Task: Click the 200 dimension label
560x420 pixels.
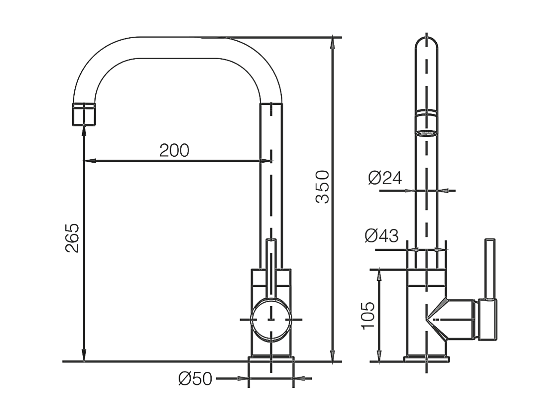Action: tap(174, 150)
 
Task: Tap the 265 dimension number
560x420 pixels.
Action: tap(72, 238)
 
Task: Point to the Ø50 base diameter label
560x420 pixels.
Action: tap(195, 378)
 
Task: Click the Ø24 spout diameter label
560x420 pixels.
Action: tap(385, 178)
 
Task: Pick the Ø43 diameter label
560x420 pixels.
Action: tap(381, 235)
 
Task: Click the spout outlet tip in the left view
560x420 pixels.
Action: tap(84, 115)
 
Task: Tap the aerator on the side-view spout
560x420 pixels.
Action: tap(426, 123)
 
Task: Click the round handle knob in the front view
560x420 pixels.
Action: tap(271, 320)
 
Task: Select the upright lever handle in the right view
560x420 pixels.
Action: tap(490, 269)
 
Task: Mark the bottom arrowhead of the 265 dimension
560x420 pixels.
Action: tap(84, 355)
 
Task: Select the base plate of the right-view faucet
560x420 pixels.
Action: tap(426, 359)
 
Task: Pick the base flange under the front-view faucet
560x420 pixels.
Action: tap(271, 359)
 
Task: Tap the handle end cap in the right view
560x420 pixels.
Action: tap(487, 320)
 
